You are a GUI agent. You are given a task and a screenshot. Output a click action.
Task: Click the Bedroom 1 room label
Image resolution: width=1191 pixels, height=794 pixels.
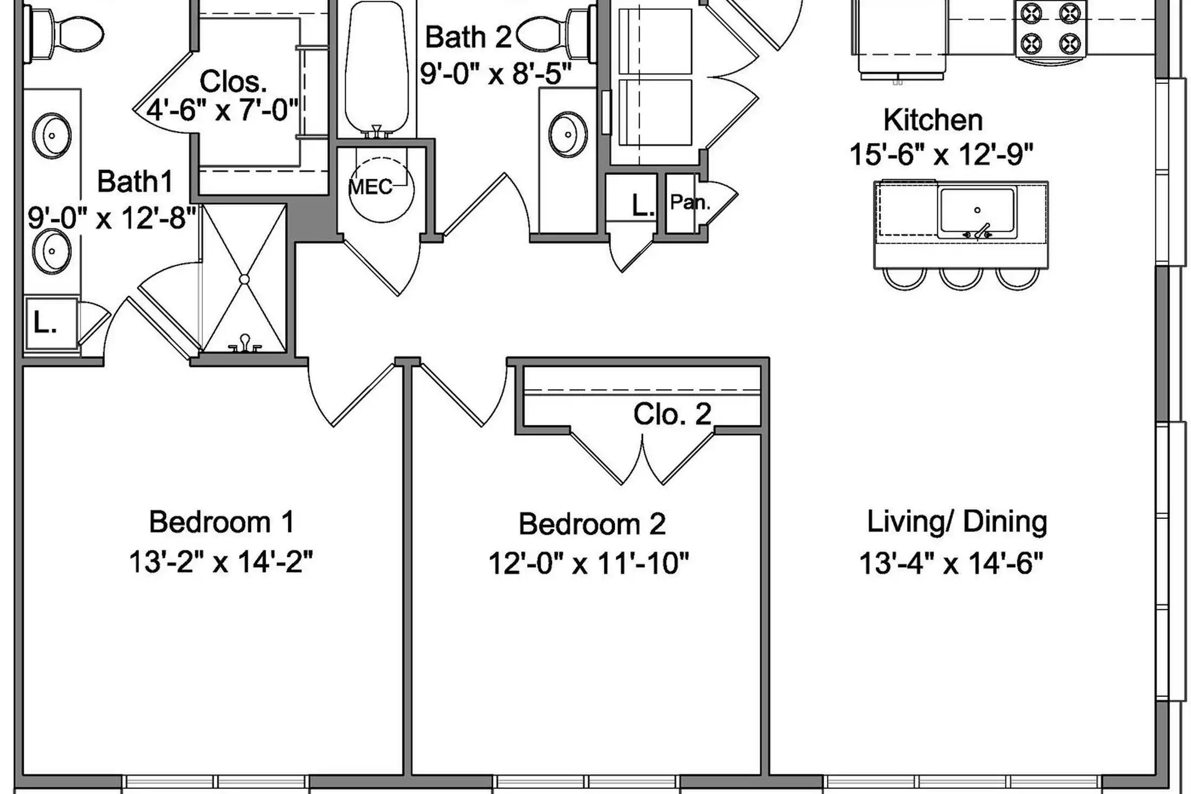[x=221, y=522]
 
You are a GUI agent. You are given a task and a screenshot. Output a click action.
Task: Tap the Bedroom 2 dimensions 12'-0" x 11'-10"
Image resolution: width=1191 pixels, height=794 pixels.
[x=588, y=564]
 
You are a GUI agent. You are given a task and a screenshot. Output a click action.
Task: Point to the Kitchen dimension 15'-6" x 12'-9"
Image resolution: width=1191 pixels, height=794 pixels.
[x=941, y=154]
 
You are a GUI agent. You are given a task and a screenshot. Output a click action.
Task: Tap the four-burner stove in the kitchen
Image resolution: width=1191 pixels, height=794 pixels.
[x=1050, y=29]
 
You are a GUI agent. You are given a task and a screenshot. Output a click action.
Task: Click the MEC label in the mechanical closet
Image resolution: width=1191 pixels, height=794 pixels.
[x=371, y=187]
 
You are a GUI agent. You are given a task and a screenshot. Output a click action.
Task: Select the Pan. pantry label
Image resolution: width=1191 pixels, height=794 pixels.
[x=689, y=202]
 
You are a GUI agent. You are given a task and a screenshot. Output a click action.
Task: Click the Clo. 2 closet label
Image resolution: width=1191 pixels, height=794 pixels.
[x=672, y=414]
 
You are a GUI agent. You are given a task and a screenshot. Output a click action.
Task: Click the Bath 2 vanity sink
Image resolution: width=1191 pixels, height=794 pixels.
[x=567, y=134]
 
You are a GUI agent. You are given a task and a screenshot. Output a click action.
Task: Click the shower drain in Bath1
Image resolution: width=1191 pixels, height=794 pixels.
[x=244, y=280]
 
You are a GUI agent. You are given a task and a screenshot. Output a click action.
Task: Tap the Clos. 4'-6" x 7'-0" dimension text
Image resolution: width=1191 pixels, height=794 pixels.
[x=222, y=110]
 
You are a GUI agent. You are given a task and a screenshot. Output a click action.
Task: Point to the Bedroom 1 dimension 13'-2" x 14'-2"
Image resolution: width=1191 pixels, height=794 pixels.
[x=221, y=562]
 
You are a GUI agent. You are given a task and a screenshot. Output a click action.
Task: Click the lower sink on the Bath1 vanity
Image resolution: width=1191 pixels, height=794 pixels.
[x=52, y=251]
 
